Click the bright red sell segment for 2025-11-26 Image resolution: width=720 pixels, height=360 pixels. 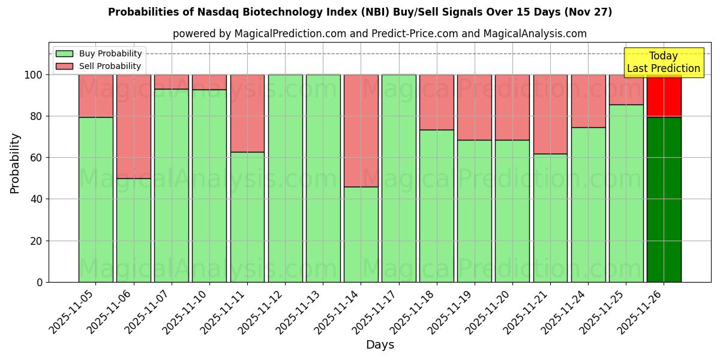664,96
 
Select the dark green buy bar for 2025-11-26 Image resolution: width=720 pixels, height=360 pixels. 664,199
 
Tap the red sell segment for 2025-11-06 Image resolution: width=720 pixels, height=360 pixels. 133,126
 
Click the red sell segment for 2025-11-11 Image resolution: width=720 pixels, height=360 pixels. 247,113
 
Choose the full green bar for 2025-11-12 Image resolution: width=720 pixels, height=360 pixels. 285,178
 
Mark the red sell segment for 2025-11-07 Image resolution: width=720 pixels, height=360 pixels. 171,82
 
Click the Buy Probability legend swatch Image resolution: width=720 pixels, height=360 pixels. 64,53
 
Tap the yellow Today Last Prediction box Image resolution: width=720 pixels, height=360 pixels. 664,62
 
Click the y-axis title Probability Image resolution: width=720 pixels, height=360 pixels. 15,163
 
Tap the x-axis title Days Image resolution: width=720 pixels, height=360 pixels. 380,345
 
